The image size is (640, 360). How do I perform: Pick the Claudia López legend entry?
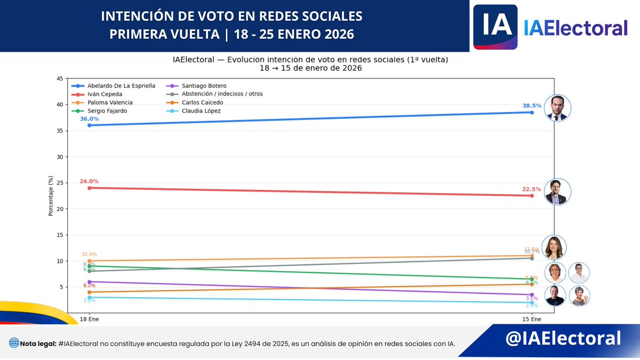point(201,111)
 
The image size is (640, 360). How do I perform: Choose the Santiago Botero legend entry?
point(204,85)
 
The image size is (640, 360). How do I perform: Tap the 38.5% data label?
point(532,106)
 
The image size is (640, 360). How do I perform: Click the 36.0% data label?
point(89,119)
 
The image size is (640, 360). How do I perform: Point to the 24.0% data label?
point(89,181)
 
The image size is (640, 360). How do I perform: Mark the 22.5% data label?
point(532,189)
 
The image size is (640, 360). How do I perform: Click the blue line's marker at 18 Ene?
point(89,125)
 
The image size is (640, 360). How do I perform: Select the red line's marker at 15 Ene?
point(532,196)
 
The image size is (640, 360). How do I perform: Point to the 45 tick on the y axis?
point(59,79)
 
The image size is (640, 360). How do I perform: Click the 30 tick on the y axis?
point(59,157)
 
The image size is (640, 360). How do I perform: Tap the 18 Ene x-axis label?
point(89,319)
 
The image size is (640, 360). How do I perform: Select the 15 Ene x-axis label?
point(532,319)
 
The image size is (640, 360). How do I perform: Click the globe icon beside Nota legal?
point(13,343)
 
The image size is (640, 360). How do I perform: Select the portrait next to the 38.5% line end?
point(558,109)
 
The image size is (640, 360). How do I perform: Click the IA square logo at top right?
point(495,27)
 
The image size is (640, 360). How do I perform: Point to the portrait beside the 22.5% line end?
point(558,192)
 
